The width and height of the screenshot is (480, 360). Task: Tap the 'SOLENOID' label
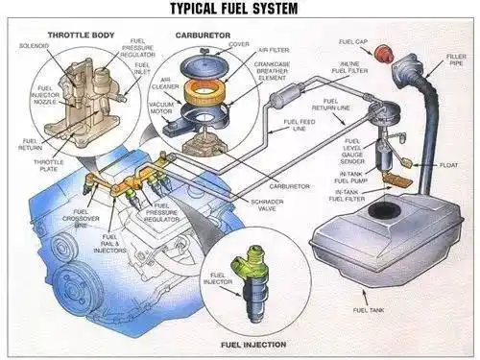35,44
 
